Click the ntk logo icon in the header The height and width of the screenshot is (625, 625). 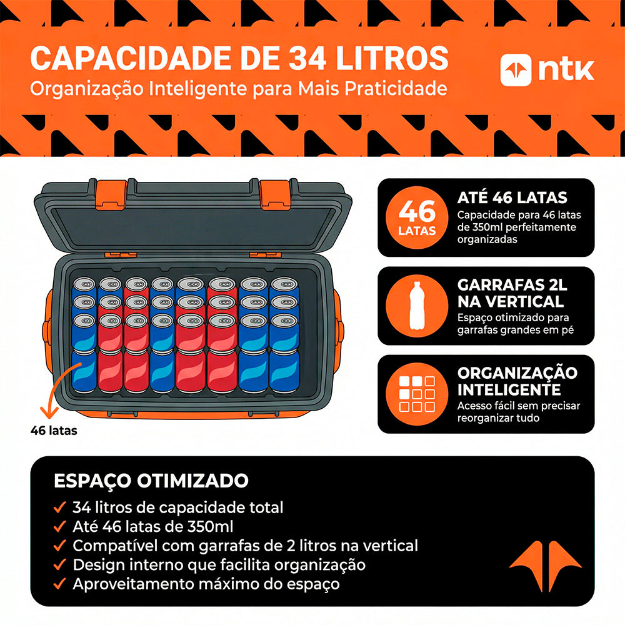coord(516,70)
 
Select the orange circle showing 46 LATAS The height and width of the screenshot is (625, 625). coord(417,217)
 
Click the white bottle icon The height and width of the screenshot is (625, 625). coord(417,306)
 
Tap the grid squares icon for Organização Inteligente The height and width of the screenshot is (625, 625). coord(417,394)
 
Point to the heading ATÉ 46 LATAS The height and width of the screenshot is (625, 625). coord(512,198)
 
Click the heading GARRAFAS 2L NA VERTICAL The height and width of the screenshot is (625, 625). coord(511,293)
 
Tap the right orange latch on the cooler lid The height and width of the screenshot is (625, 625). coord(276,193)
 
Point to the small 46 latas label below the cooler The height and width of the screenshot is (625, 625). coord(54,430)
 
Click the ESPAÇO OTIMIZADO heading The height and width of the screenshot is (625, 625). coord(151,481)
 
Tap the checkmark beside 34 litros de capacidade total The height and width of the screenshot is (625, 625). coord(60,507)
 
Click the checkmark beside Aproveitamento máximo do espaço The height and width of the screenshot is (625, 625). coord(60,584)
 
